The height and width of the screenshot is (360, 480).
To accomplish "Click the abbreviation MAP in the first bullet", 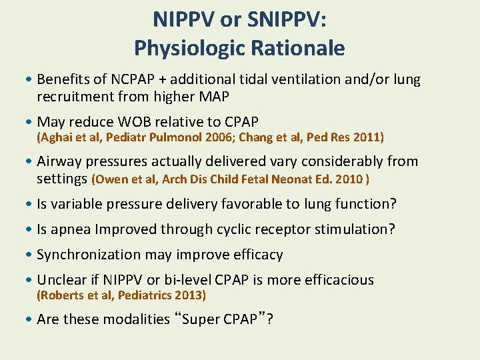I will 214,97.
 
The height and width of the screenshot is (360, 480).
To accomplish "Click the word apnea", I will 71,230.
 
